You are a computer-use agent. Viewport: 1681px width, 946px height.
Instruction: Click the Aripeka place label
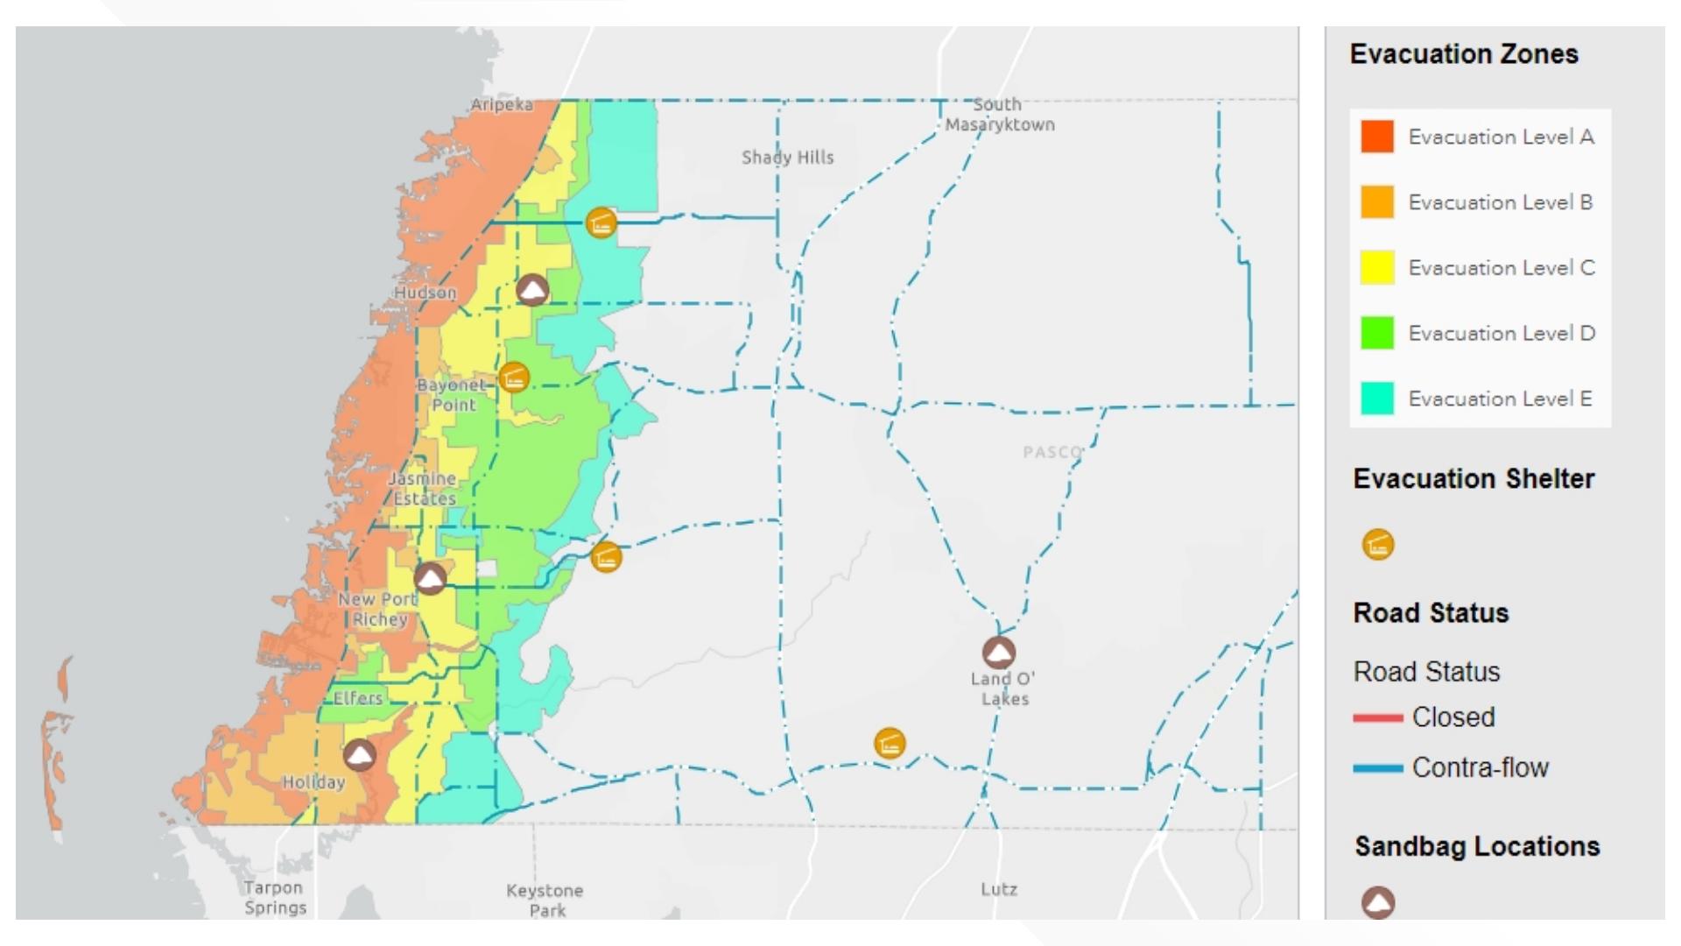502,105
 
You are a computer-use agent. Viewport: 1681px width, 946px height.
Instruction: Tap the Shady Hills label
787,158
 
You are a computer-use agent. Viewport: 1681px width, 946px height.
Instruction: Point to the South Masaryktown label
999,115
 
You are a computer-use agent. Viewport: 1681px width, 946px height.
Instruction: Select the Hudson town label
425,293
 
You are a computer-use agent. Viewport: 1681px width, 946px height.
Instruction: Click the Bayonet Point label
452,395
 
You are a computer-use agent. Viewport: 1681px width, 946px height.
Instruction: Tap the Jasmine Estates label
423,489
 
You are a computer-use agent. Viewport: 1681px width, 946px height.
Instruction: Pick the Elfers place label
358,698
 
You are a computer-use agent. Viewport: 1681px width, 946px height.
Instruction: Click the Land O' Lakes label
1003,688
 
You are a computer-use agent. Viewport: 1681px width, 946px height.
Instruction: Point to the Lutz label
998,889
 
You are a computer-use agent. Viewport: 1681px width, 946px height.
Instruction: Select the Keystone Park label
545,900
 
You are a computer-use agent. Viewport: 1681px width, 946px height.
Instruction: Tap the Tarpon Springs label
275,898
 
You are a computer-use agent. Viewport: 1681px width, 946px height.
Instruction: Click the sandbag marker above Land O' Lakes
998,653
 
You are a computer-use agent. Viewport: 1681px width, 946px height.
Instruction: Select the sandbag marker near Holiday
359,754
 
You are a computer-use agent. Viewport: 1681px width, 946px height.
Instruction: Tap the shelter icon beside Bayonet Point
514,378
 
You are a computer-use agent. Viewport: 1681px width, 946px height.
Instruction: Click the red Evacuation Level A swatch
1376,137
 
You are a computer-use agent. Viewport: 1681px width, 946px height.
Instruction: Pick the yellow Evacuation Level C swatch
1376,267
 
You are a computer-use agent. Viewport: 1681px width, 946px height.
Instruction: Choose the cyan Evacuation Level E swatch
1376,399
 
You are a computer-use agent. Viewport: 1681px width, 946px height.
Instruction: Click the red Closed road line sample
1377,718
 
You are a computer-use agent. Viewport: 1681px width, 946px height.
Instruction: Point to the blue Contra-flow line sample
1377,769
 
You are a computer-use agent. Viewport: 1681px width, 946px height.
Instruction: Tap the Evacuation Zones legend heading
1464,54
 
